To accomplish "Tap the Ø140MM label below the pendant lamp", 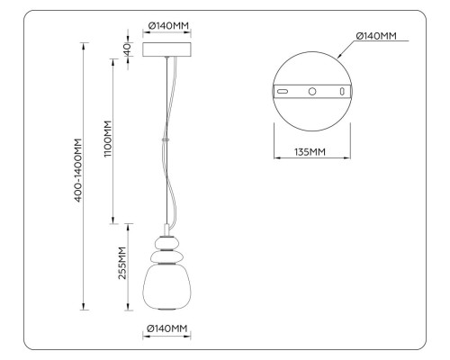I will click(x=166, y=328).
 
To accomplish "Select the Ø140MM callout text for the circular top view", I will click(x=376, y=36).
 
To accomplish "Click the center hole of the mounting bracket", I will click(x=311, y=92).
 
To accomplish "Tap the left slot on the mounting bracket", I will click(x=283, y=92).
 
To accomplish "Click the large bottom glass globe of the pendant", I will click(x=166, y=287).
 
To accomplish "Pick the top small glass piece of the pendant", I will click(x=166, y=240).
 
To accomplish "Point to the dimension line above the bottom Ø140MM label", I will click(x=166, y=339).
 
